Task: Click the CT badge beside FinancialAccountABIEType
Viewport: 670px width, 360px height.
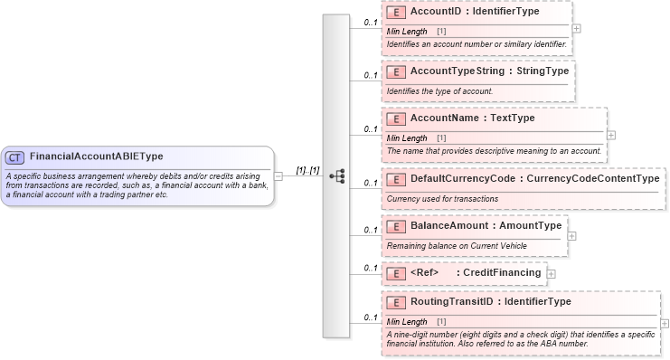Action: coord(14,156)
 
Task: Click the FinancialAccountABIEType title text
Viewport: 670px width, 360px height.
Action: coord(96,156)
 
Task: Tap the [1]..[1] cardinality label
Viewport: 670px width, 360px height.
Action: coord(307,170)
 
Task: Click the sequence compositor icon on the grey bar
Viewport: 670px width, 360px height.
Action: coord(336,176)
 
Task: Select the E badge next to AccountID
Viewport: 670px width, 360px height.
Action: coord(395,13)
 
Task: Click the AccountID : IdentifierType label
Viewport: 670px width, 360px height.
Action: coord(475,13)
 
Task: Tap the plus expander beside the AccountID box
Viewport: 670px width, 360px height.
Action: coord(577,28)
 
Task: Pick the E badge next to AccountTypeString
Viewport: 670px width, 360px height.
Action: coord(395,71)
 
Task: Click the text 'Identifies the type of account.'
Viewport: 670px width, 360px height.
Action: coord(439,91)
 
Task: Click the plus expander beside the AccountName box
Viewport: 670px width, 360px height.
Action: coord(611,135)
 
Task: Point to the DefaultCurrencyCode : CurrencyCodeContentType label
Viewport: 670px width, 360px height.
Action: coord(534,179)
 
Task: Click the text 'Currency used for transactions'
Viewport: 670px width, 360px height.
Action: coord(442,199)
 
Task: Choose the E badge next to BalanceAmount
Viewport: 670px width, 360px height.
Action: coord(395,226)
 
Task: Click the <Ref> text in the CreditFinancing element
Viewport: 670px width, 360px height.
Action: coord(424,273)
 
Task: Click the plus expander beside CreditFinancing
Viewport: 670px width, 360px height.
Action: coord(552,273)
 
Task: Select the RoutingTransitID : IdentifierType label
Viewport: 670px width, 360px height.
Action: coord(490,302)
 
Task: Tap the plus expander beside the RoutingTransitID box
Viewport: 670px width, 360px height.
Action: coord(665,323)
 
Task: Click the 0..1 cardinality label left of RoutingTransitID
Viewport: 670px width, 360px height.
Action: coord(371,318)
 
